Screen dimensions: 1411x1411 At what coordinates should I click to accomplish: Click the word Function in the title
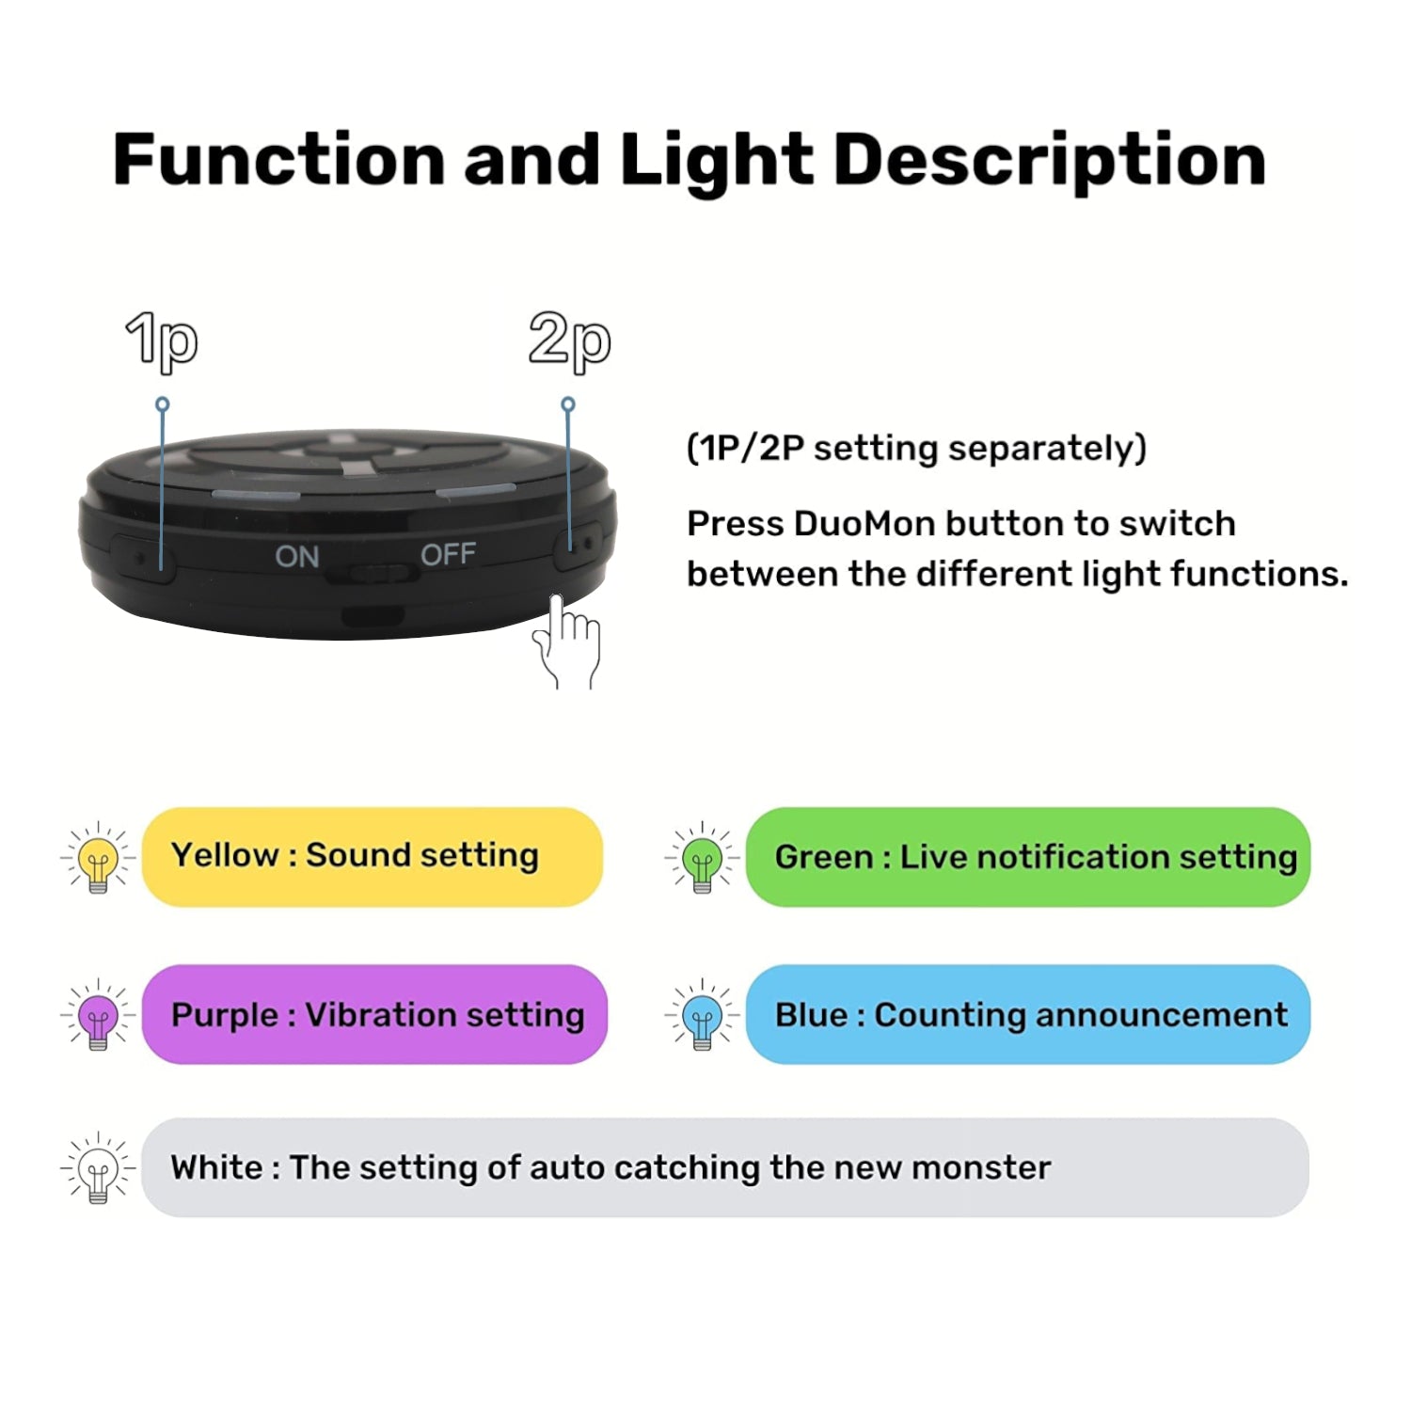[x=278, y=159]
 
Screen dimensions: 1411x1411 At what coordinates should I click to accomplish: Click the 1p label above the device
[x=162, y=341]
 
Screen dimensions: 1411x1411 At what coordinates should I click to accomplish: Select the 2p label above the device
[x=570, y=341]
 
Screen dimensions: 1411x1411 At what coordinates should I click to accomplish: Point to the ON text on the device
[x=297, y=556]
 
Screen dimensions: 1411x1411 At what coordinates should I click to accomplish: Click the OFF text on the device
[x=448, y=554]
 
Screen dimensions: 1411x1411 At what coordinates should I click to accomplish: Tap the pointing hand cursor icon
[x=565, y=642]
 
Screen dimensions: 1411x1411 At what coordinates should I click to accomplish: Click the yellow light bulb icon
[x=98, y=857]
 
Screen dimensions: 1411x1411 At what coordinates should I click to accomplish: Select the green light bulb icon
[x=702, y=857]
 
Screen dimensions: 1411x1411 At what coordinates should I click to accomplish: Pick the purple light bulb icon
[x=98, y=1014]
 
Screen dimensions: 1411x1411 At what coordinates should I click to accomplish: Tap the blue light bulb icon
[x=702, y=1014]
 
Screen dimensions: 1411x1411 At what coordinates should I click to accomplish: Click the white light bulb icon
[x=98, y=1167]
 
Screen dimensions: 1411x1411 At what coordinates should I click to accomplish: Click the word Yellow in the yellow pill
[x=225, y=855]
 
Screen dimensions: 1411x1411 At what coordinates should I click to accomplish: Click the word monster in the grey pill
[x=981, y=1168]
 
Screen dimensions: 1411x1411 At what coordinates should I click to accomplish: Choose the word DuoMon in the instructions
[x=858, y=523]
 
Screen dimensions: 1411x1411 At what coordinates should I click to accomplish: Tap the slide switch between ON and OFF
[x=373, y=572]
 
